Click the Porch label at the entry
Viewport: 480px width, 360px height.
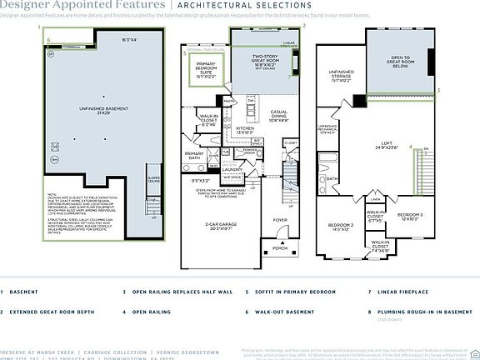tap(279, 248)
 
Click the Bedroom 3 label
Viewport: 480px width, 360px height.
tap(409, 216)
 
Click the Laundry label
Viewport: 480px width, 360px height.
tap(232, 170)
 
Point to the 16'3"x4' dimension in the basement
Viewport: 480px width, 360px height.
tap(130, 39)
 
